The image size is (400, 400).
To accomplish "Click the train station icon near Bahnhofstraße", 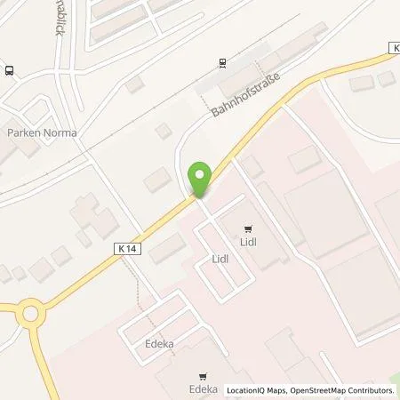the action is [222, 63].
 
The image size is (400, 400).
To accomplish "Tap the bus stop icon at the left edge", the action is [9, 70].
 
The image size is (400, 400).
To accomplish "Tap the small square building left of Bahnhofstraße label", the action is [162, 131].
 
